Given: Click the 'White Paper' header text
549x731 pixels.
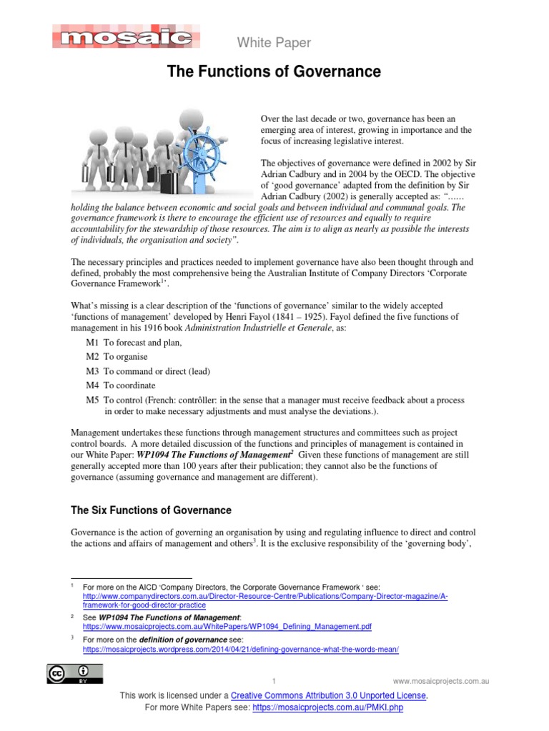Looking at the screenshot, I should (x=274, y=43).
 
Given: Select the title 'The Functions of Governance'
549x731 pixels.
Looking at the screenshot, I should (x=274, y=72).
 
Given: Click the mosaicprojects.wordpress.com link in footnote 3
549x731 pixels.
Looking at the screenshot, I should (x=240, y=650).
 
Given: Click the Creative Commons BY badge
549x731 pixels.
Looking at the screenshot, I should (x=75, y=673).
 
